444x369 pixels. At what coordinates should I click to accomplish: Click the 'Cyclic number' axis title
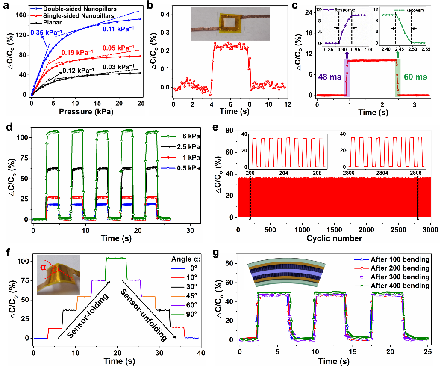point(333,238)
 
